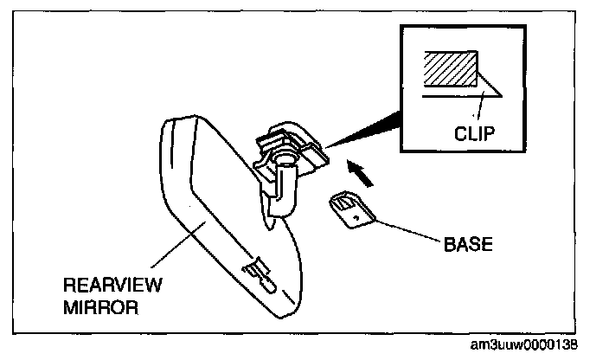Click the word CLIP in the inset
click(474, 133)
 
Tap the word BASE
click(468, 244)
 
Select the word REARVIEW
click(112, 285)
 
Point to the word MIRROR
click(100, 307)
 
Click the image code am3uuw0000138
click(524, 344)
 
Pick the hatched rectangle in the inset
click(451, 68)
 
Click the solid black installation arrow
click(360, 173)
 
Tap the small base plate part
click(352, 209)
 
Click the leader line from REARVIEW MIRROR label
click(178, 245)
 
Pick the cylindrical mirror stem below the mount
click(284, 189)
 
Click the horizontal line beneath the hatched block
click(461, 96)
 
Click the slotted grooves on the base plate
click(344, 203)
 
